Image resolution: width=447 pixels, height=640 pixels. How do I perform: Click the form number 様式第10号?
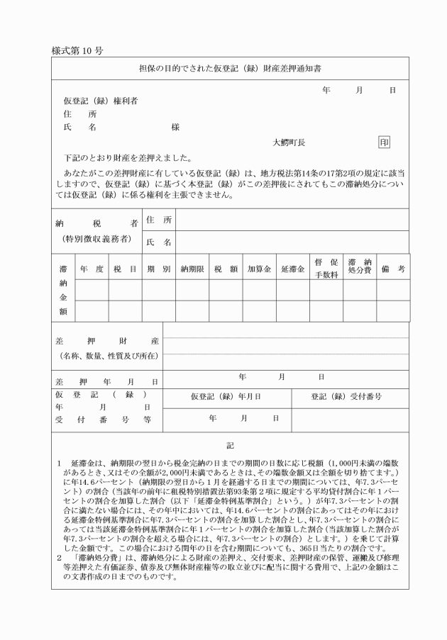coord(78,52)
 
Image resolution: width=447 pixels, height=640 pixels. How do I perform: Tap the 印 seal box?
coord(384,142)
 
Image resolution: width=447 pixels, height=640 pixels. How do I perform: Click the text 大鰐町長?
coord(289,142)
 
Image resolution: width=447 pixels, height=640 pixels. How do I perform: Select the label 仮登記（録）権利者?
coord(100,101)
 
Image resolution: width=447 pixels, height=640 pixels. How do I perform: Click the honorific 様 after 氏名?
coord(175,128)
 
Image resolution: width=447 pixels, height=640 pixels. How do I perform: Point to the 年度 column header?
coord(90,269)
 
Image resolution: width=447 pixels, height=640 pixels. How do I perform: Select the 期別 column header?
coord(158,269)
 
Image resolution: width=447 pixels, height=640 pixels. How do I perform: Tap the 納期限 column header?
coord(192,269)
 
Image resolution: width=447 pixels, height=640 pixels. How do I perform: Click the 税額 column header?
coord(226,269)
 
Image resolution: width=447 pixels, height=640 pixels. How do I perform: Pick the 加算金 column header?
coord(259,269)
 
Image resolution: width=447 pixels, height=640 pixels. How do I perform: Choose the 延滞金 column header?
coord(292,269)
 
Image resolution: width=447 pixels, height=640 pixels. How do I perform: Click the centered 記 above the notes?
coord(229,447)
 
